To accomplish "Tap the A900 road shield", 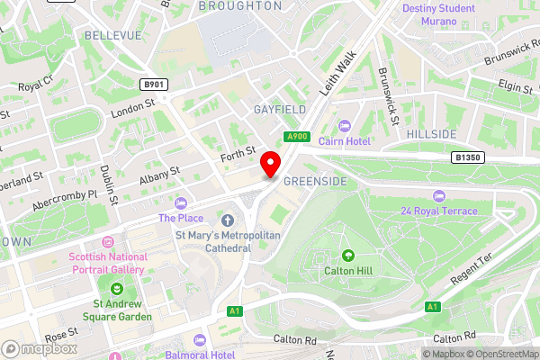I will [296, 136].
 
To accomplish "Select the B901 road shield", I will [156, 85].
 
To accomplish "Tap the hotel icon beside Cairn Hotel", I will [343, 126].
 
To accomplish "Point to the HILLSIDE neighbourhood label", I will [431, 134].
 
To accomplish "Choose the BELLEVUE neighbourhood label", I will [113, 35].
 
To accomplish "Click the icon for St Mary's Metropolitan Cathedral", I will [227, 220].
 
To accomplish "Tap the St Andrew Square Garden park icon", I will [117, 288].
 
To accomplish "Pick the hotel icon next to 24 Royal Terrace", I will [438, 196].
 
